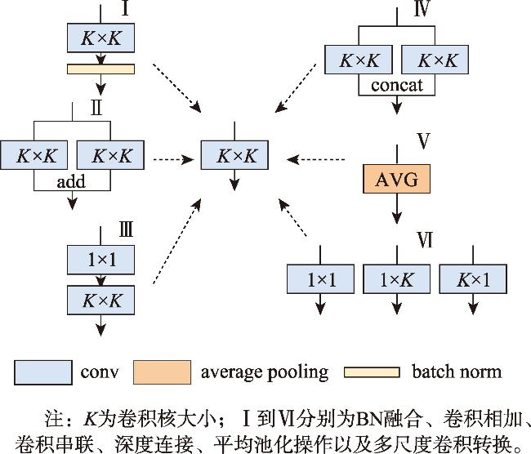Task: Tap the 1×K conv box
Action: [x=397, y=278]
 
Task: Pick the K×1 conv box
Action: [x=474, y=278]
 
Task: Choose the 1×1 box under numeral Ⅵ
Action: [x=321, y=278]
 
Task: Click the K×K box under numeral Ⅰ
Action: [x=101, y=38]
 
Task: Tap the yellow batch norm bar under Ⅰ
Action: [x=101, y=68]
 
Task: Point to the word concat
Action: [x=397, y=85]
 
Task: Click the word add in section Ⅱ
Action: [x=71, y=181]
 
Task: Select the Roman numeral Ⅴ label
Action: [x=423, y=141]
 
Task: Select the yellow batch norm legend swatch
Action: [x=372, y=373]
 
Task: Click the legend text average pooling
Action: [x=264, y=373]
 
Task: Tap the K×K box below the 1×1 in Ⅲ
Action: [x=101, y=300]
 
